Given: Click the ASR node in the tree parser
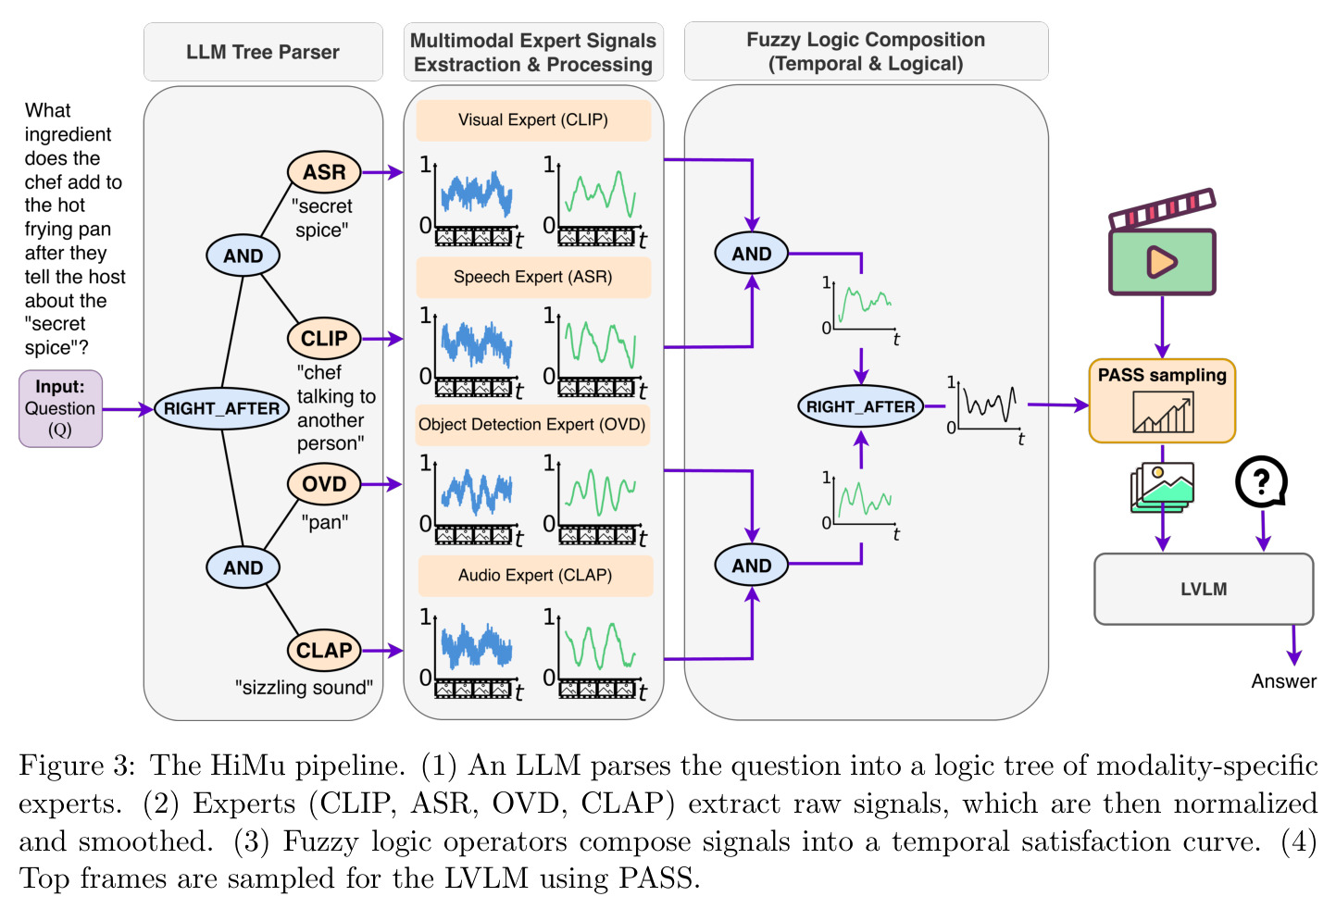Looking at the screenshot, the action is (324, 172).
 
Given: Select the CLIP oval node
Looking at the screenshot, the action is (324, 338).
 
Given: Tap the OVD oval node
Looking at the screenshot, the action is (324, 484).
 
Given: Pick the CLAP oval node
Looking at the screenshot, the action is (324, 650).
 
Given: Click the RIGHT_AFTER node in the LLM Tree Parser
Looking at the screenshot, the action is (222, 408).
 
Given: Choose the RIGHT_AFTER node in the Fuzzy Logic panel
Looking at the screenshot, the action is (861, 406).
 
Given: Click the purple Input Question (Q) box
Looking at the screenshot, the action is (60, 408).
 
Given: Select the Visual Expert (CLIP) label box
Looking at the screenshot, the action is (533, 120).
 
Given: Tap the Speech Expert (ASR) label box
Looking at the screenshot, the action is (533, 277).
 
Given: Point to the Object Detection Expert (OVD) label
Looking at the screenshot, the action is (532, 424).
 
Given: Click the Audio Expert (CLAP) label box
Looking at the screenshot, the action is (535, 575).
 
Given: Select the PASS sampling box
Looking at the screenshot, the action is (1162, 401).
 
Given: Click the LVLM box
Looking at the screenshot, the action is (1204, 589).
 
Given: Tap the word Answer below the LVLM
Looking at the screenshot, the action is (1283, 681).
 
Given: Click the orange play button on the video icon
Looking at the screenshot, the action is (1161, 262).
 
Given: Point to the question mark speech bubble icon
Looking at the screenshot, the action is (1261, 482).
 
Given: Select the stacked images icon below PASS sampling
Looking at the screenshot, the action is (1162, 487).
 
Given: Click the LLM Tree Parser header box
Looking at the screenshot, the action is (263, 52).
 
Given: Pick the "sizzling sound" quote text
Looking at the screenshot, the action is (305, 687).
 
